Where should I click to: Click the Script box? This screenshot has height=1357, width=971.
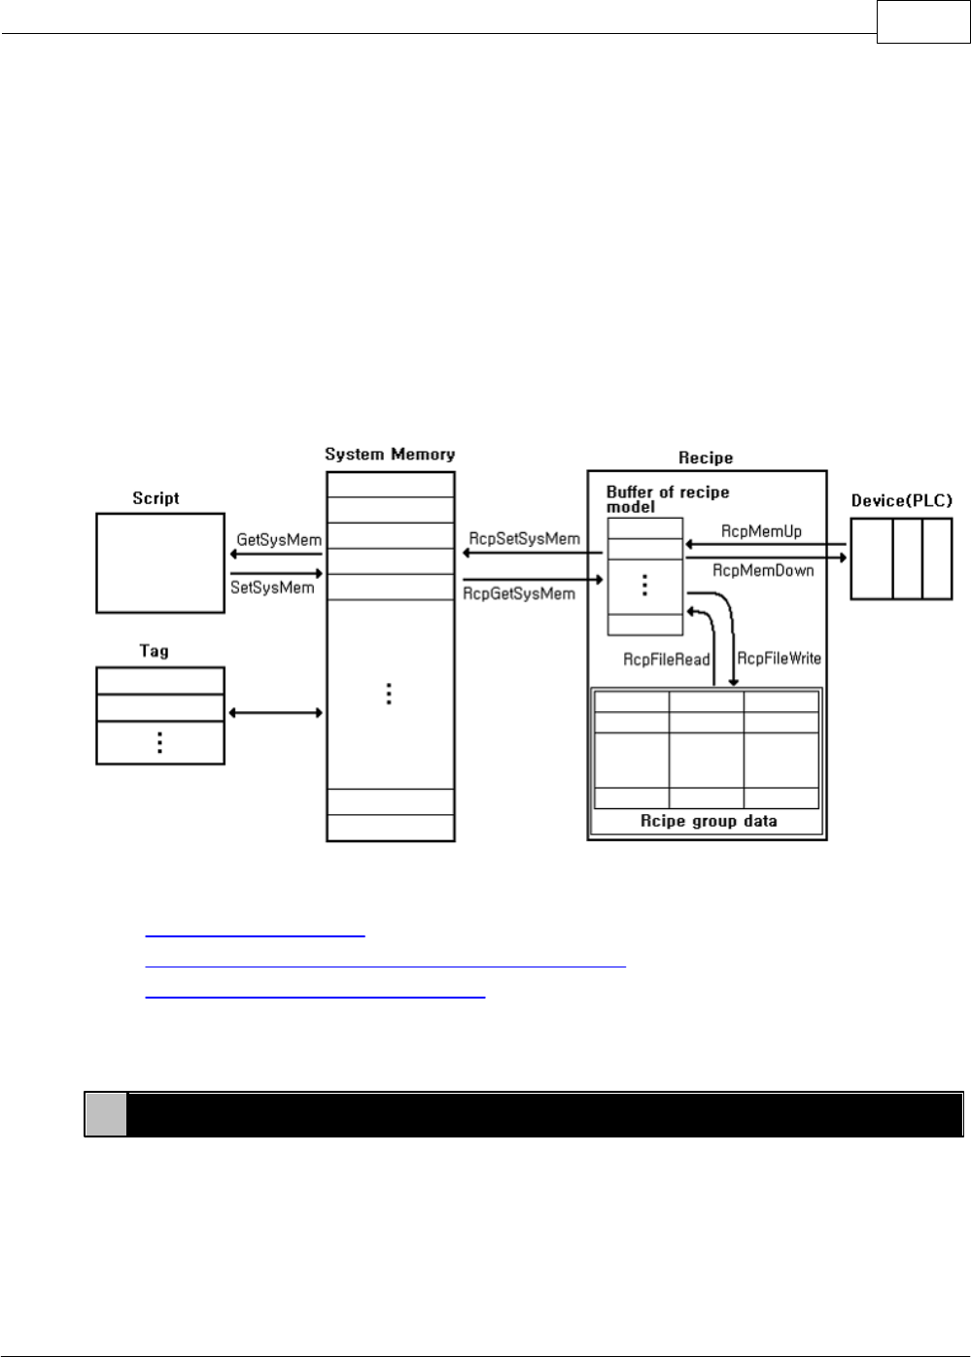coord(160,562)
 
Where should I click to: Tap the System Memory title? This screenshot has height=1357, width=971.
coord(390,454)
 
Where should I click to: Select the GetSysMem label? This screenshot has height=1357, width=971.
coord(279,539)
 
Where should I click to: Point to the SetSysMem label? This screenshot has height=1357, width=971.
coord(272,588)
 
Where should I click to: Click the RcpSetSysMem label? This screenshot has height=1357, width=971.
coord(524,538)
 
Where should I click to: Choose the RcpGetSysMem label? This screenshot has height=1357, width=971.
coord(519,594)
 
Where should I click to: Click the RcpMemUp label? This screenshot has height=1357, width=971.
coord(761,531)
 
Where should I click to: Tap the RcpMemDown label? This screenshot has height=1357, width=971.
coord(763,570)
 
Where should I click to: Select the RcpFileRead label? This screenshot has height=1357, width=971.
coord(667,660)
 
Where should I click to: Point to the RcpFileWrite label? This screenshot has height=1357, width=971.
coord(779,658)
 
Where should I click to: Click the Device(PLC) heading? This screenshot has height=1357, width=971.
coord(902,500)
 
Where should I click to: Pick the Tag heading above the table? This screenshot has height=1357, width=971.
coord(155,651)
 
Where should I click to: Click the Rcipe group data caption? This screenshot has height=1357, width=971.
coord(708,821)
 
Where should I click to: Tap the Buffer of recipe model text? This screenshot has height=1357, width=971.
coord(668,499)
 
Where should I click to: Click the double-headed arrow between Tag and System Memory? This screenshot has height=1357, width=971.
coord(275,713)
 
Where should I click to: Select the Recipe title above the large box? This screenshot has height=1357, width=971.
coord(706,458)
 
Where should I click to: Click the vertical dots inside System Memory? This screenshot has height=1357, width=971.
coord(389,694)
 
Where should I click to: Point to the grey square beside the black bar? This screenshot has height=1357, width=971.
coord(105,1114)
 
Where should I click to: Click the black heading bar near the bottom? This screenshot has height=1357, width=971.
coord(544,1114)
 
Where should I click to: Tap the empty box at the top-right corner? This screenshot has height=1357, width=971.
coord(922,21)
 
